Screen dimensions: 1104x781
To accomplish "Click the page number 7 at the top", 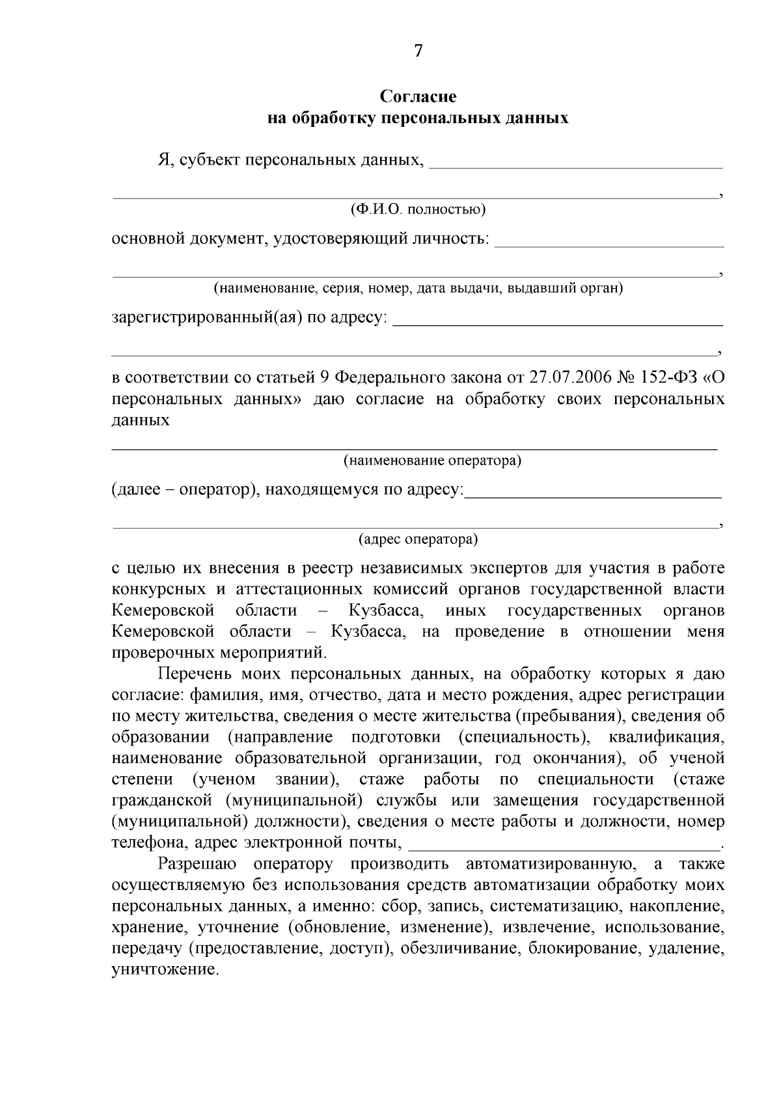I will point(418,51).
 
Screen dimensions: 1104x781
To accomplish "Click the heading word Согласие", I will point(418,97).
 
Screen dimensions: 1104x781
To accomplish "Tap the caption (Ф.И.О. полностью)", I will point(418,209).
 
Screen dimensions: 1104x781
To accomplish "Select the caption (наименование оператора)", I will point(433,461).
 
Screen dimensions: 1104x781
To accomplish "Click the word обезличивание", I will point(459,949).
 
